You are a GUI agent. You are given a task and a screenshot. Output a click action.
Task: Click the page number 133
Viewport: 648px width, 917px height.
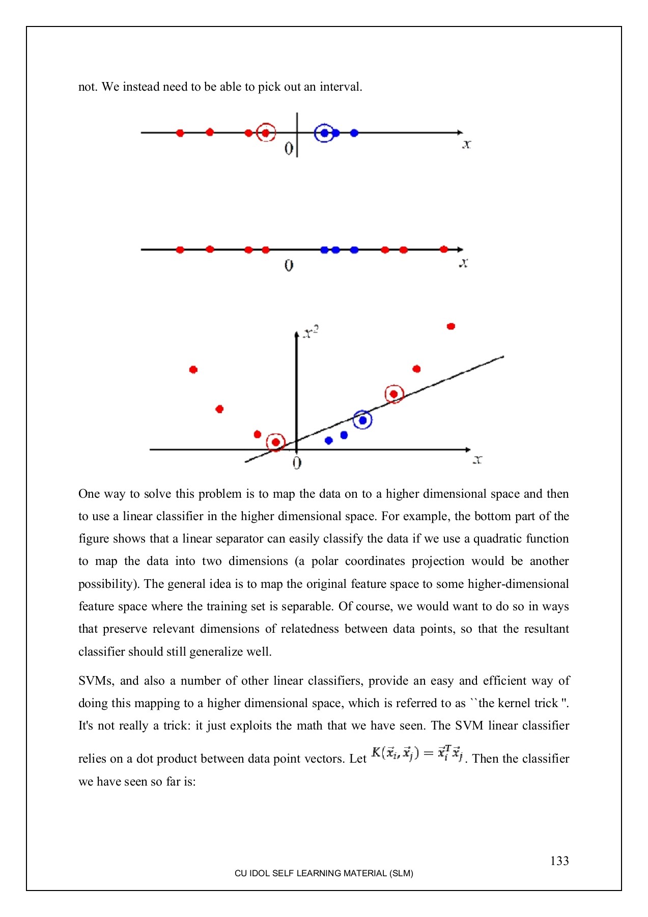559,860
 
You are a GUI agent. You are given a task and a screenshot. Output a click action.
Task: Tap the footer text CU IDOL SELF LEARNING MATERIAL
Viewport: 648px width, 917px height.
324,873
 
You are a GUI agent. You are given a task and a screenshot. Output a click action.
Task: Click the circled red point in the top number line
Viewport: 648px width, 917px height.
265,132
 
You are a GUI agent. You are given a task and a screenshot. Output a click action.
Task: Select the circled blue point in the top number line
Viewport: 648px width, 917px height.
324,133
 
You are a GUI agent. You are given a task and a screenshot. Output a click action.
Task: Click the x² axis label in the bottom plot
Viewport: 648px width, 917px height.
311,332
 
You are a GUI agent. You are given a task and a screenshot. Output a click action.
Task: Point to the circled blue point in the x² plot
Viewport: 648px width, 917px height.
362,420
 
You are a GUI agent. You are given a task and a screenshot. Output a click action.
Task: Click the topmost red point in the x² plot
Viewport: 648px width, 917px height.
450,326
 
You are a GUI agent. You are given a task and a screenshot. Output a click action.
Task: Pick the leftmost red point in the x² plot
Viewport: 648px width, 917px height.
193,369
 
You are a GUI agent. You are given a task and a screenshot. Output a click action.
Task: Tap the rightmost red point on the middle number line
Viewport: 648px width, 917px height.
443,249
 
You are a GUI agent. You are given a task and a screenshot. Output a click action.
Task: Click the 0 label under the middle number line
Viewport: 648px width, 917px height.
289,265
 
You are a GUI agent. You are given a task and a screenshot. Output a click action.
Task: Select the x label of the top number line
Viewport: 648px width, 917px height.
466,145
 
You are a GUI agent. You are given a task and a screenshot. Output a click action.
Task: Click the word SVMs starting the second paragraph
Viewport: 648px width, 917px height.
96,681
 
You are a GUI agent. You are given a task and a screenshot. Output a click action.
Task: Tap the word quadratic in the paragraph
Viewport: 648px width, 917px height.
497,538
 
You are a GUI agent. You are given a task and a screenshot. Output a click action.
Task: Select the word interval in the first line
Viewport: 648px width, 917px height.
341,87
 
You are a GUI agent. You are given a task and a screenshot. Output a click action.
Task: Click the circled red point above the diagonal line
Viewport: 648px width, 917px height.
393,394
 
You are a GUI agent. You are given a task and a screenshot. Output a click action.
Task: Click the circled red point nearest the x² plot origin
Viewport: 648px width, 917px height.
275,442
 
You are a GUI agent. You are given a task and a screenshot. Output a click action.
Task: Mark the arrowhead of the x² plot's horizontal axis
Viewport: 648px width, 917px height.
468,449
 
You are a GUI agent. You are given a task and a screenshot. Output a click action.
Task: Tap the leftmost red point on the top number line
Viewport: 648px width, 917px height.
180,133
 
